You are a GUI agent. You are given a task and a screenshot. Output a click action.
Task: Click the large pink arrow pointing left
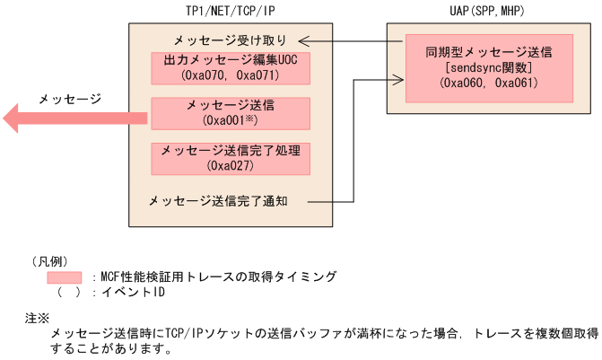[x=72, y=117]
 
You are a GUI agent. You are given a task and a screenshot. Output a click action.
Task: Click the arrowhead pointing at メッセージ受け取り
[x=304, y=40]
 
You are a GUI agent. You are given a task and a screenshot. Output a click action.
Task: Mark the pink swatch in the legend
[x=65, y=277]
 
